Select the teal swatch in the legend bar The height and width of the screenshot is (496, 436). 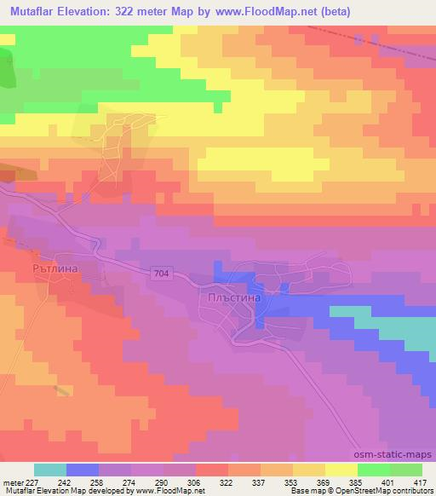coord(50,469)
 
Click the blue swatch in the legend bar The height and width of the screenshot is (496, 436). coord(83,469)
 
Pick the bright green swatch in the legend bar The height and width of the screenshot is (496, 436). coord(374,469)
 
